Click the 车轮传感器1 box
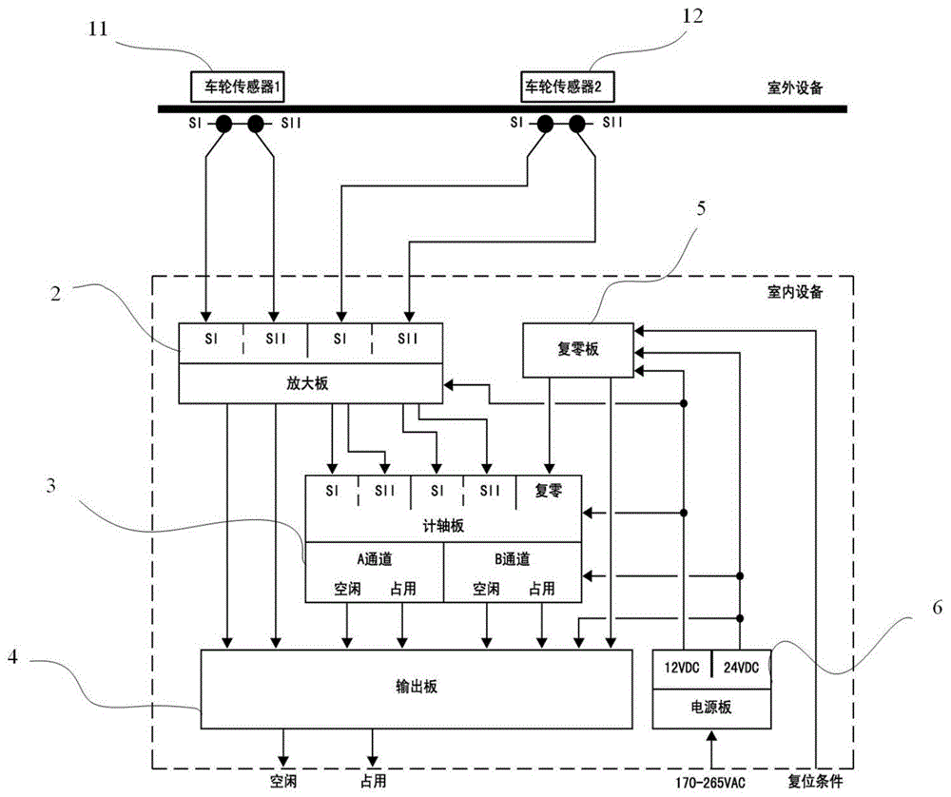coord(237,87)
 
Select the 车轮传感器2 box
coord(567,87)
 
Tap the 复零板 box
coord(578,350)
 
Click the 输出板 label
coord(417,687)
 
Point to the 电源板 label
coord(711,708)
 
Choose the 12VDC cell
coord(682,669)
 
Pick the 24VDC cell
coord(741,669)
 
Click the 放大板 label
coord(307,383)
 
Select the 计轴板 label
coord(443,525)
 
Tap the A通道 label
coord(375,559)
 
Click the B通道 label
coord(513,559)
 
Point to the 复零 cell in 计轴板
coord(549,492)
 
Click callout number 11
coord(98,29)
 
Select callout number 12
coord(692,16)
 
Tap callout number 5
coord(701,208)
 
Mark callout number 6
coord(938,607)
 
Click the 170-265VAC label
coord(710,783)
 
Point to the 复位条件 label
coord(815,782)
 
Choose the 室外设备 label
coord(795,87)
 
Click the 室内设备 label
coord(795,292)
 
